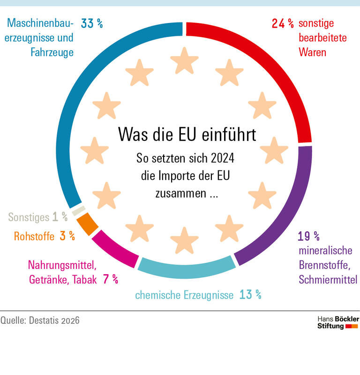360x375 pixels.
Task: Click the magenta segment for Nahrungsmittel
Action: tap(114, 247)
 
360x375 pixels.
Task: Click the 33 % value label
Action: tap(92, 23)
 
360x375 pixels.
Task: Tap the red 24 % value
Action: tap(283, 23)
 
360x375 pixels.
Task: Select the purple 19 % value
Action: tap(309, 235)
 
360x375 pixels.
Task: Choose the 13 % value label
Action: tap(250, 295)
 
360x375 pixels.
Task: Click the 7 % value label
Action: tap(110, 280)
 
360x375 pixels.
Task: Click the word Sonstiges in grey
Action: tap(29, 217)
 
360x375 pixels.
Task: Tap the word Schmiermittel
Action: tap(328, 280)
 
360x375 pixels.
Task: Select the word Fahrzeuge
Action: tap(52, 52)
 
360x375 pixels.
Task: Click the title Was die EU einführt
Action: tap(187, 135)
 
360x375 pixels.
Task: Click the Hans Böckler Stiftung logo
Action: tap(337, 322)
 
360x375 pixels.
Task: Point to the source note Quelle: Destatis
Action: tap(40, 321)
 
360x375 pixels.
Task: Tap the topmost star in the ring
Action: tap(184, 61)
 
